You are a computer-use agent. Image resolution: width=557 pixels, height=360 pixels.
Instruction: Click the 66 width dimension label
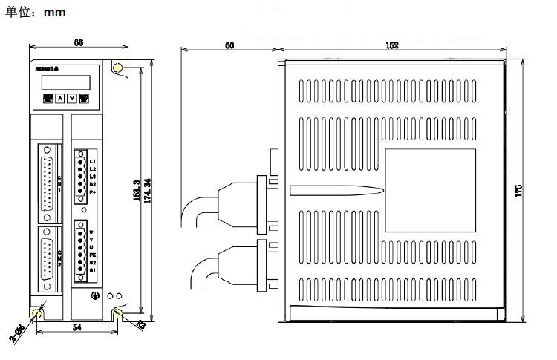78,43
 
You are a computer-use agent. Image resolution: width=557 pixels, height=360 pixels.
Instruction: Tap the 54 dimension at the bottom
76,327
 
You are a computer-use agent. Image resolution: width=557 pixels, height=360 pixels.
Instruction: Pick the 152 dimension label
392,45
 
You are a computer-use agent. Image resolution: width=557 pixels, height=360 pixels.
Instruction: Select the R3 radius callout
140,324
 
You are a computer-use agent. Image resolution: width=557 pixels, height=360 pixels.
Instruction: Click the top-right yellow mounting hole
118,68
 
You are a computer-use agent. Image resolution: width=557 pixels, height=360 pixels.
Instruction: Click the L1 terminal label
93,161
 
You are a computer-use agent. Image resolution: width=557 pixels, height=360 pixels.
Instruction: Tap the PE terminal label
94,255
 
